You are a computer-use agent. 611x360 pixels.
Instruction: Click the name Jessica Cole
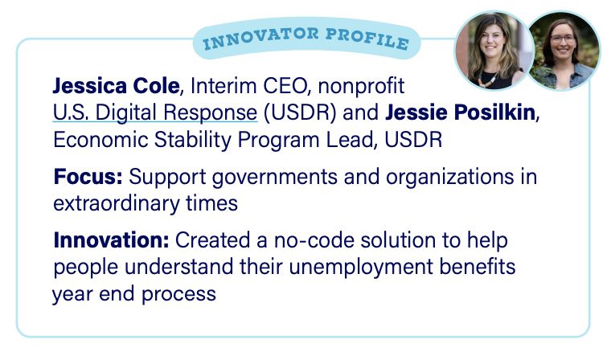pos(116,86)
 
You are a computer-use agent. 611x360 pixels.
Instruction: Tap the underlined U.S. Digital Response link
pos(155,112)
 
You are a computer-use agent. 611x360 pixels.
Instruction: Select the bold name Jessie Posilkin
pos(460,112)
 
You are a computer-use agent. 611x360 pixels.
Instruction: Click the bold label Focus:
pos(88,176)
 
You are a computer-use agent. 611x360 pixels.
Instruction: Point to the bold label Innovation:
pos(112,240)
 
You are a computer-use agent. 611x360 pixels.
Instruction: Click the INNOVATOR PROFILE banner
pos(306,39)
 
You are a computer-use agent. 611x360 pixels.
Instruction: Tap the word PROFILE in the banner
pos(367,39)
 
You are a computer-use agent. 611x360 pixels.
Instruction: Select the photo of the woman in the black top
pos(494,51)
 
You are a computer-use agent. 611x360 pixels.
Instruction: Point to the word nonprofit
pos(361,86)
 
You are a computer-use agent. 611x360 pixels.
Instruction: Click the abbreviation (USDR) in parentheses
pos(300,112)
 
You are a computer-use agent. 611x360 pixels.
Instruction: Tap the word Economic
pos(100,140)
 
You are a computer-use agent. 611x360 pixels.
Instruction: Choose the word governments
pos(275,177)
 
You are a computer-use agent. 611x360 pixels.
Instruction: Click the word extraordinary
pos(116,203)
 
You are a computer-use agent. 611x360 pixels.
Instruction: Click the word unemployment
pos(361,268)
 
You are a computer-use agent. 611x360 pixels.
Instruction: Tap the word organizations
pos(449,177)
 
